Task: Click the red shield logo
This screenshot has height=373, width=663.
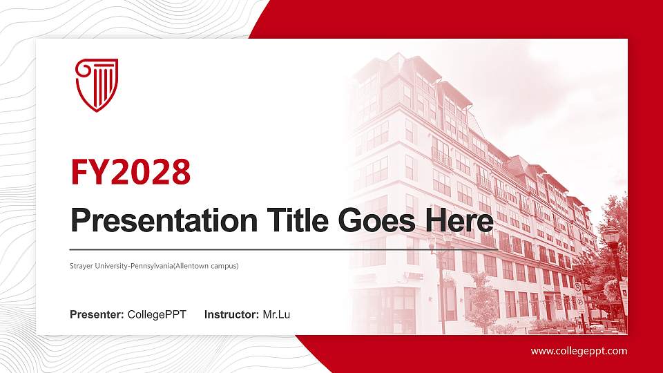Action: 97,85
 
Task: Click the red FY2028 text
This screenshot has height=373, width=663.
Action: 131,172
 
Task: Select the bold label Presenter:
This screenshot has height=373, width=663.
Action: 97,315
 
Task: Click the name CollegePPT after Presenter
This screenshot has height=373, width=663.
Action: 157,315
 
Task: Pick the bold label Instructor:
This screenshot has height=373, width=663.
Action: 232,315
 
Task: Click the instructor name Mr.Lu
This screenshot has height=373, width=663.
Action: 276,315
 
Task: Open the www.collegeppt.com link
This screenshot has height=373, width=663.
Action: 579,351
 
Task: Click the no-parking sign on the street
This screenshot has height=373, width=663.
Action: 578,288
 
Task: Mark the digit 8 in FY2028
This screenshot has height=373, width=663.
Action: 180,172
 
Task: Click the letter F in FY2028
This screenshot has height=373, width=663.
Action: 79,172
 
